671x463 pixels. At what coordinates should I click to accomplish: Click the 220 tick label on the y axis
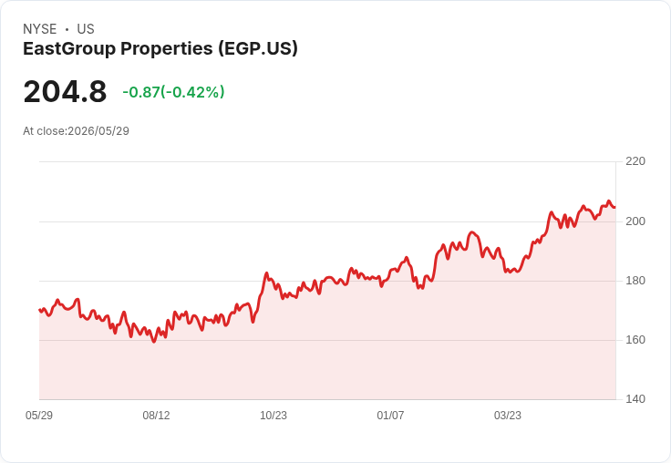pyautogui.click(x=635, y=161)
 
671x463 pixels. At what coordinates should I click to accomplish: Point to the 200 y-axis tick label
pyautogui.click(x=635, y=221)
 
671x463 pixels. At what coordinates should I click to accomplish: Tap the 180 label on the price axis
pyautogui.click(x=635, y=281)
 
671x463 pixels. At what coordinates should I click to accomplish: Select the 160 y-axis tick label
pyautogui.click(x=635, y=340)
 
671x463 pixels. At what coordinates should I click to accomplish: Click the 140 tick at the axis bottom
pyautogui.click(x=635, y=399)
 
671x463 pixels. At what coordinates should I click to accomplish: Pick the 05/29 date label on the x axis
pyautogui.click(x=39, y=416)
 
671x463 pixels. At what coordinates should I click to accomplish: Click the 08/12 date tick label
pyautogui.click(x=156, y=416)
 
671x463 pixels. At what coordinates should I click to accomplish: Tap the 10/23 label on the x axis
pyautogui.click(x=274, y=416)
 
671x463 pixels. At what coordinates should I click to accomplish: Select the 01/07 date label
pyautogui.click(x=390, y=416)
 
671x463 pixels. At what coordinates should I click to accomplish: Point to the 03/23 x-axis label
pyautogui.click(x=508, y=416)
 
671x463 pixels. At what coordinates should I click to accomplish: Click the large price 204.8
pyautogui.click(x=65, y=92)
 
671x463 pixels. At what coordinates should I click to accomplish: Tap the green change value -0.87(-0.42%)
pyautogui.click(x=173, y=92)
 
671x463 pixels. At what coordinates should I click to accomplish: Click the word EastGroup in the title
pyautogui.click(x=69, y=49)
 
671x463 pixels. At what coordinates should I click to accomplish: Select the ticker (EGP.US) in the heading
pyautogui.click(x=258, y=49)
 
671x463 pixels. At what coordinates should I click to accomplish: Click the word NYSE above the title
pyautogui.click(x=40, y=29)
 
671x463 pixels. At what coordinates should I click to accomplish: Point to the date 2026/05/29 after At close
pyautogui.click(x=98, y=131)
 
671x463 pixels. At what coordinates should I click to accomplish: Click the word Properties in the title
pyautogui.click(x=167, y=49)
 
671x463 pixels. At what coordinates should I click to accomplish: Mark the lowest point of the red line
pyautogui.click(x=154, y=342)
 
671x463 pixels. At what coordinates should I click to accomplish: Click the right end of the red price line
pyautogui.click(x=615, y=208)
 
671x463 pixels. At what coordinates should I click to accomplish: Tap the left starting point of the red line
pyautogui.click(x=39, y=310)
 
